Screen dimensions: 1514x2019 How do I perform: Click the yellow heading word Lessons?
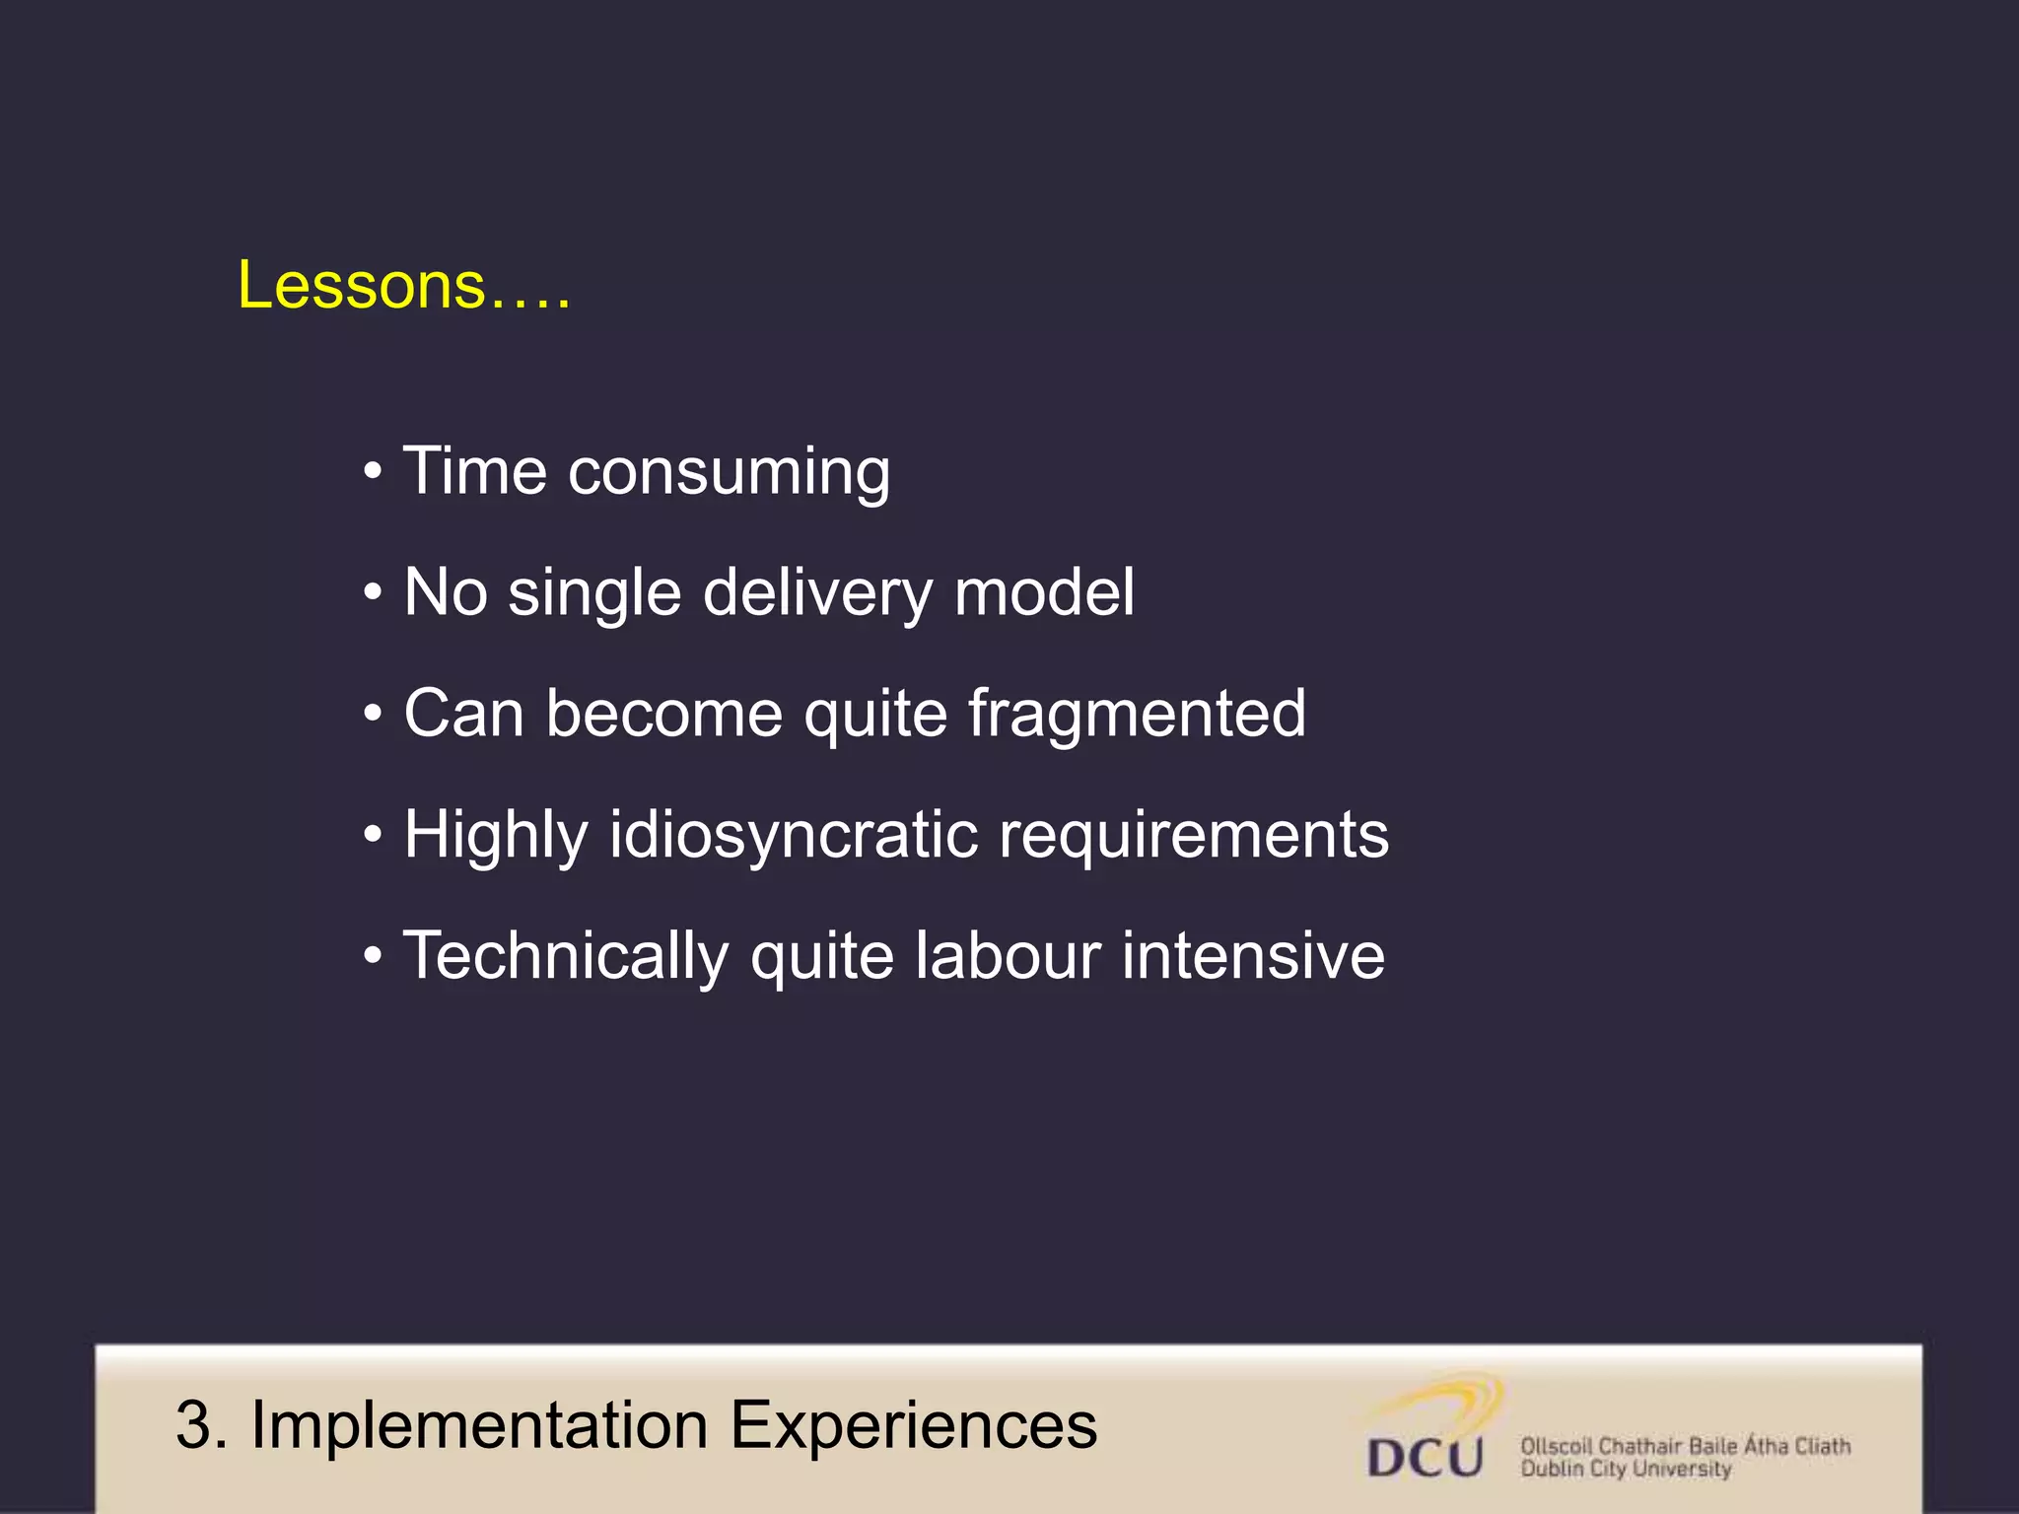pyautogui.click(x=361, y=286)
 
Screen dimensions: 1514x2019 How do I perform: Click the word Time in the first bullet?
pyautogui.click(x=475, y=471)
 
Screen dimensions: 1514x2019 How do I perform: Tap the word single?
pyautogui.click(x=594, y=594)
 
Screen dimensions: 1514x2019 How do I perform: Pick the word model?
pyautogui.click(x=1044, y=592)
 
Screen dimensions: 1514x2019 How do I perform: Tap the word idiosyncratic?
pyautogui.click(x=793, y=836)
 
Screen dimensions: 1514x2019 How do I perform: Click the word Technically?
pyautogui.click(x=565, y=956)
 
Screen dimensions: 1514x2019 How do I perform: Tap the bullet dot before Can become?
pyautogui.click(x=372, y=713)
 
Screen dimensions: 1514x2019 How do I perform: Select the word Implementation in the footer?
pyautogui.click(x=479, y=1425)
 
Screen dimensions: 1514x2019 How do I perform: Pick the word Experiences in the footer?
pyautogui.click(x=913, y=1425)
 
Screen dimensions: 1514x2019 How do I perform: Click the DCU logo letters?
pyautogui.click(x=1425, y=1457)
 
